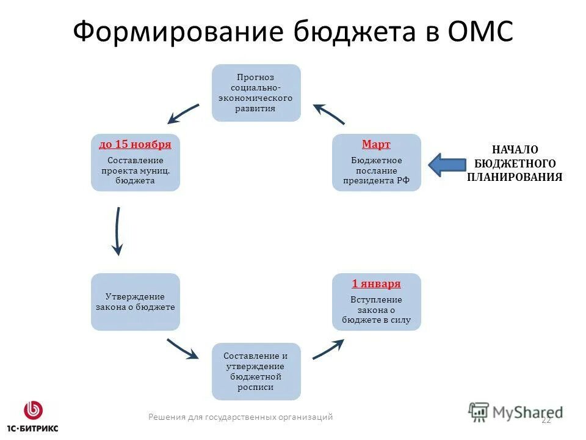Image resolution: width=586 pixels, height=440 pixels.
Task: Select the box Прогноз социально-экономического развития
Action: pos(256,93)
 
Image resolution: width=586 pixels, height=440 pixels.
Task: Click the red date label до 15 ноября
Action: pos(135,144)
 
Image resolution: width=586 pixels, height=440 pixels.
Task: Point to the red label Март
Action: pos(376,144)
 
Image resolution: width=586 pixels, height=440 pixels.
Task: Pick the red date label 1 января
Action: pos(376,284)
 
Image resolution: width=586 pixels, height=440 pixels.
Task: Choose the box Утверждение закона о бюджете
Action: pos(136,302)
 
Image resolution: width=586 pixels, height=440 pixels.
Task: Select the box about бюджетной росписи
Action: pos(256,372)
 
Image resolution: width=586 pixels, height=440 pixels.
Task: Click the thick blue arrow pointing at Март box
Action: pos(447,164)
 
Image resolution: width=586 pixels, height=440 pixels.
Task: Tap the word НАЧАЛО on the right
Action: pos(515,150)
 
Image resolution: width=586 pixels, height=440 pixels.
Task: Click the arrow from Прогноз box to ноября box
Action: pos(183,114)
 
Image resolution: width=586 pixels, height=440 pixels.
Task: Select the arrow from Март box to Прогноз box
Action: pos(329,114)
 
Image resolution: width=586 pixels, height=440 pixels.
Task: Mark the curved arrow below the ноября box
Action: pos(117,230)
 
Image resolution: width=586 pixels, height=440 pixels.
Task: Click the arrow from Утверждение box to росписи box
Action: pos(183,349)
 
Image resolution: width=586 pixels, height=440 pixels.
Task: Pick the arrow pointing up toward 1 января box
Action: pos(328,348)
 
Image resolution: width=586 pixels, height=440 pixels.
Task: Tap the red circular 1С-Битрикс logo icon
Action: pos(34,409)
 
